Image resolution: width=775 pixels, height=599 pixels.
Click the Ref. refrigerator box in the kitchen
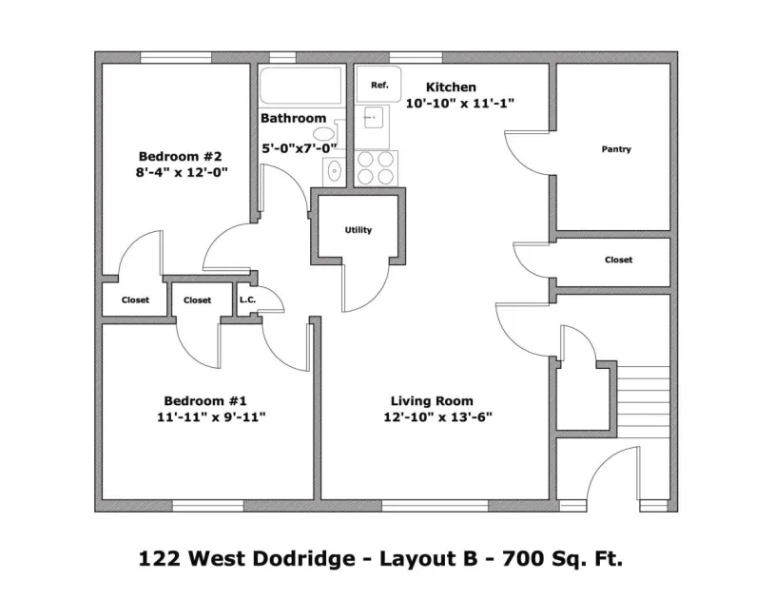pyautogui.click(x=378, y=86)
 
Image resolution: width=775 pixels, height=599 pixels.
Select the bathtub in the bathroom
pyautogui.click(x=301, y=87)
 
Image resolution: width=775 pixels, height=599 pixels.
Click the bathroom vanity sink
pyautogui.click(x=334, y=170)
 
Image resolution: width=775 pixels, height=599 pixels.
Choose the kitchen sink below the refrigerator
pyautogui.click(x=374, y=118)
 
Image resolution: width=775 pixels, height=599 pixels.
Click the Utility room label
pyautogui.click(x=358, y=230)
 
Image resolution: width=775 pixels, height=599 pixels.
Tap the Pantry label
pyautogui.click(x=616, y=149)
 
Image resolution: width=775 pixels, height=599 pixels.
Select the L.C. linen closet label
pyautogui.click(x=247, y=299)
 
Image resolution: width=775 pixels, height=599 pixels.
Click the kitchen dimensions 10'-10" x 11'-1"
pyautogui.click(x=459, y=104)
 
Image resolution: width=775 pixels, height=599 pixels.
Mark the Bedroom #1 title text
pyautogui.click(x=205, y=400)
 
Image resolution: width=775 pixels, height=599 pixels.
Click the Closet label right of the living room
pyautogui.click(x=618, y=260)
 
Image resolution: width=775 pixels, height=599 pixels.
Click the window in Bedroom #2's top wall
pyautogui.click(x=176, y=57)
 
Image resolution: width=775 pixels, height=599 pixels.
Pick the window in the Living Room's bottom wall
pyautogui.click(x=419, y=505)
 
